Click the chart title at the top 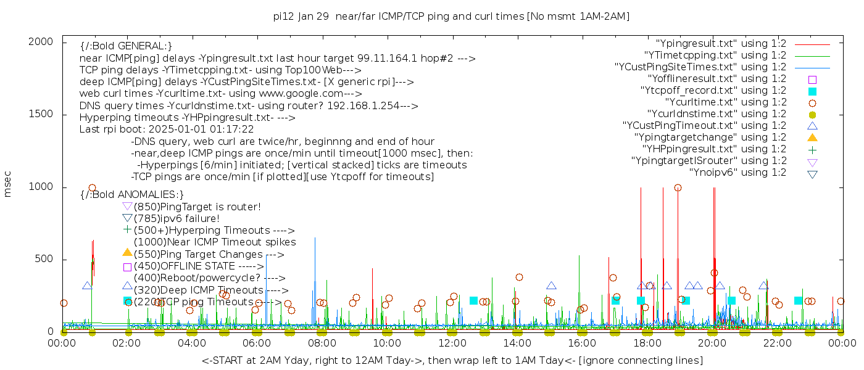point(451,17)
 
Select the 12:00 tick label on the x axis point(452,343)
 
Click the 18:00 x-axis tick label point(647,343)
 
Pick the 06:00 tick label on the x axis point(257,343)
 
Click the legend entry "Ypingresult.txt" point(721,44)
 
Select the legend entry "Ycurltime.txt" point(725,102)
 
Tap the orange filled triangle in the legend point(812,138)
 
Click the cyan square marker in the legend point(812,91)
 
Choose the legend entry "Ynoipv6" point(737,173)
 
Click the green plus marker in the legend point(812,150)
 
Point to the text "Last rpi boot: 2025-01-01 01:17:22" point(167,129)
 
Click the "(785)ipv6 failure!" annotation point(177,218)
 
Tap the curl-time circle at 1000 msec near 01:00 point(92,188)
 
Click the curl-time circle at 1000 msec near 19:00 point(678,188)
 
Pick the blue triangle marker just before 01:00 point(87,286)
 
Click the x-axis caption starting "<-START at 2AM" point(452,360)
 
